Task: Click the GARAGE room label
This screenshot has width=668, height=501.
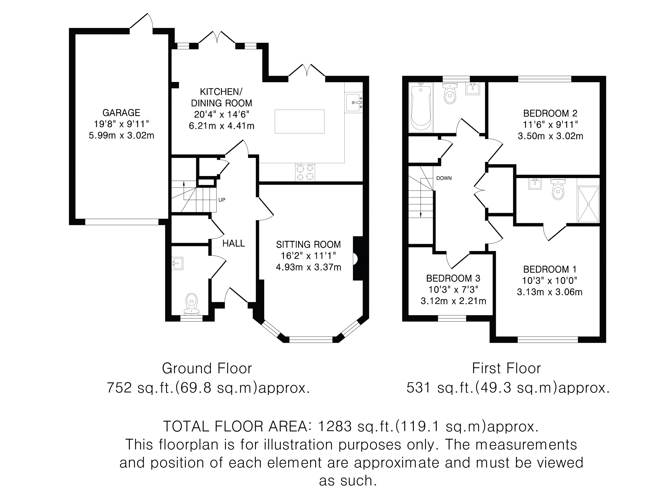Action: click(121, 113)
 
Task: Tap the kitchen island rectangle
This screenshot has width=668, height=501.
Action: click(299, 121)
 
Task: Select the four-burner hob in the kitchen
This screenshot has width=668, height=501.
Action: click(305, 172)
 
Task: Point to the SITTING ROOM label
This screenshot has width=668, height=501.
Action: click(308, 244)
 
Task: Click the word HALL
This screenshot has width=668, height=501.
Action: click(234, 243)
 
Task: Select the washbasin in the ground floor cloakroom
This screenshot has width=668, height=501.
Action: click(178, 263)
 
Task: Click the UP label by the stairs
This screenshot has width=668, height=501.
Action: click(222, 200)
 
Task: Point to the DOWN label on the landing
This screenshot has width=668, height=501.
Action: click(444, 178)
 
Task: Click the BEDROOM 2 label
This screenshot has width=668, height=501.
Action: click(550, 114)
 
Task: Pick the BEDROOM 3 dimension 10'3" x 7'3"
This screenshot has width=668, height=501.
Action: click(453, 290)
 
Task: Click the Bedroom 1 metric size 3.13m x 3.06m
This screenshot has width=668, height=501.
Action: click(550, 292)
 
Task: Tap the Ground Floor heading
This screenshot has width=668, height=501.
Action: click(207, 369)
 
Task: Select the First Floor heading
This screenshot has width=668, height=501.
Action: click(506, 369)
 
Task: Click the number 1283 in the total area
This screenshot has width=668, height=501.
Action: click(335, 427)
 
